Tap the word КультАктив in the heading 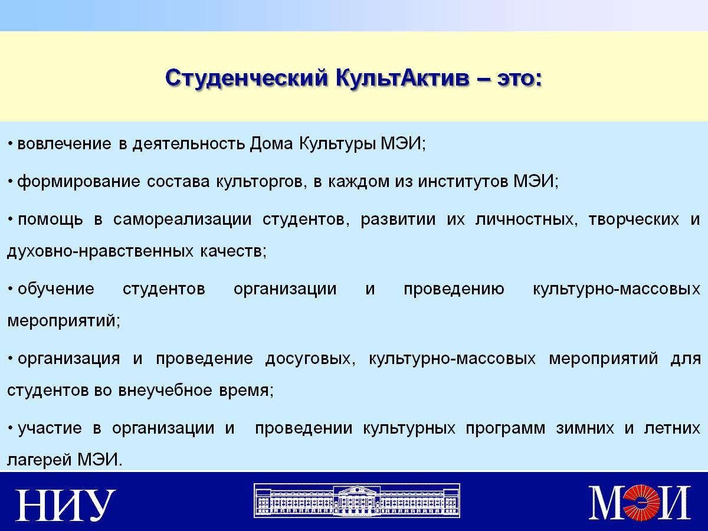402,78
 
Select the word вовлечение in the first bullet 64,143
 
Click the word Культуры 337,144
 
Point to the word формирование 78,182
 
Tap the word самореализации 182,220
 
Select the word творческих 634,219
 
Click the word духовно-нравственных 100,251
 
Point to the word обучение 56,289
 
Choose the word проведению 454,289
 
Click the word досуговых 310,359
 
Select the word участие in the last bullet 50,428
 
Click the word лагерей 38,460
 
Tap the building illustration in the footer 357,500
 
